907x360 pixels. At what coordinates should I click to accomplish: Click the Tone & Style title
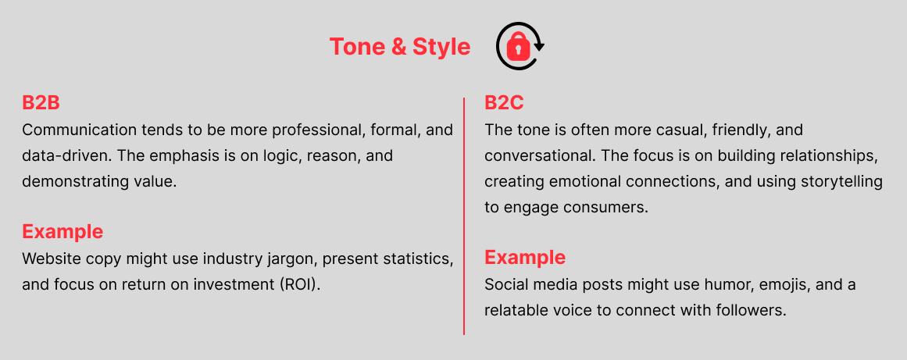pyautogui.click(x=400, y=47)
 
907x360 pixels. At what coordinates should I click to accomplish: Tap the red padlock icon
pyautogui.click(x=519, y=46)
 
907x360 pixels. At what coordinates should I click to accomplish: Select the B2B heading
pyautogui.click(x=41, y=103)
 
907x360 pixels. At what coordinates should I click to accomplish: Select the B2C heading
pyautogui.click(x=504, y=103)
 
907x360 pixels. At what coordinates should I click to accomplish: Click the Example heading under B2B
pyautogui.click(x=62, y=232)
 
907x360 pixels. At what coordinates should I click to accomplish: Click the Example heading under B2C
pyautogui.click(x=525, y=257)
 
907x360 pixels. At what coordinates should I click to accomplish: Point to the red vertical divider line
pyautogui.click(x=464, y=216)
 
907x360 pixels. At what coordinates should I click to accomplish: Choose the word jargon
pyautogui.click(x=293, y=259)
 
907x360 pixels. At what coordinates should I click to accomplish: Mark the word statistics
pyautogui.click(x=416, y=258)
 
